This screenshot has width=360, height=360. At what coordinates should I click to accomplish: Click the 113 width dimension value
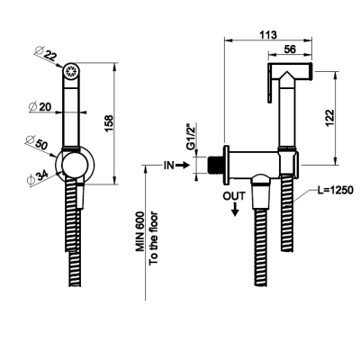(268, 35)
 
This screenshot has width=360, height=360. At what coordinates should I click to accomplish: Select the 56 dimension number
(290, 49)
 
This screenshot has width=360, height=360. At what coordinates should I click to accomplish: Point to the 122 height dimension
(329, 118)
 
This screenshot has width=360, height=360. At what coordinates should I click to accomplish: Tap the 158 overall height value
(109, 123)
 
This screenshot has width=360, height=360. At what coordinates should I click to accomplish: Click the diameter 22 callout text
(45, 53)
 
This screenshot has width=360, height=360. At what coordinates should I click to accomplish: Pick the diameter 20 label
(40, 106)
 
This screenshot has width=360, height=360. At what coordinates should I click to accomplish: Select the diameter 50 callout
(37, 143)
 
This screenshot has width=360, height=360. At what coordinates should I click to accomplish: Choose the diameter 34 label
(38, 178)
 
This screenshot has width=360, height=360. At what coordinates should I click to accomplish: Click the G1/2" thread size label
(191, 137)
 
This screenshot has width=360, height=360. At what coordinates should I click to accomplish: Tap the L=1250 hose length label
(336, 190)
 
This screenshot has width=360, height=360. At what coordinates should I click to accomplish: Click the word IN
(168, 165)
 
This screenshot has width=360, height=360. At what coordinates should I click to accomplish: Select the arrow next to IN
(182, 165)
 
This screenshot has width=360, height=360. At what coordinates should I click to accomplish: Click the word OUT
(234, 196)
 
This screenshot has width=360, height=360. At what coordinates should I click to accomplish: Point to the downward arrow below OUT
(235, 209)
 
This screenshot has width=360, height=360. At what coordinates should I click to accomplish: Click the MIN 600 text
(139, 231)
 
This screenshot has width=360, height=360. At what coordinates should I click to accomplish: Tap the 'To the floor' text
(154, 238)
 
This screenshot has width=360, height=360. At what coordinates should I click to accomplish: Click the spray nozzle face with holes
(71, 71)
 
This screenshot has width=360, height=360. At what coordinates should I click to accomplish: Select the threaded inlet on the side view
(215, 165)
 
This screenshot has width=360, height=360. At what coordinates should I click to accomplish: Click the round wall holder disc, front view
(75, 165)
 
